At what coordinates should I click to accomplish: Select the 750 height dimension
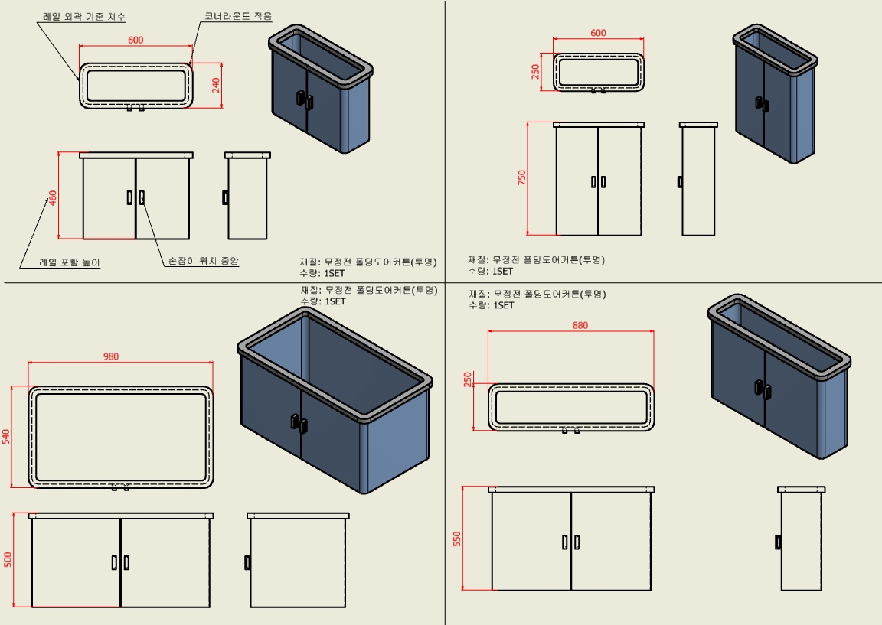(522, 178)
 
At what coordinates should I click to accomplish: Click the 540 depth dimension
(6, 436)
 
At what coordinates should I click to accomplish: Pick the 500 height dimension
(8, 560)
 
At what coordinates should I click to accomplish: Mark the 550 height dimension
(458, 539)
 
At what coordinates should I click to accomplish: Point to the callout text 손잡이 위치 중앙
(204, 261)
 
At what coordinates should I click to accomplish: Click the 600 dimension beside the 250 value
(598, 33)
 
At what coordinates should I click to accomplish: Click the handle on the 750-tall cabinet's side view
(680, 182)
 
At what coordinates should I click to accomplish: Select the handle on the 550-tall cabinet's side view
(779, 542)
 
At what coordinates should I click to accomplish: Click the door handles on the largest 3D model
(298, 422)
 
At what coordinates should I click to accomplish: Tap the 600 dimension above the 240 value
(136, 40)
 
